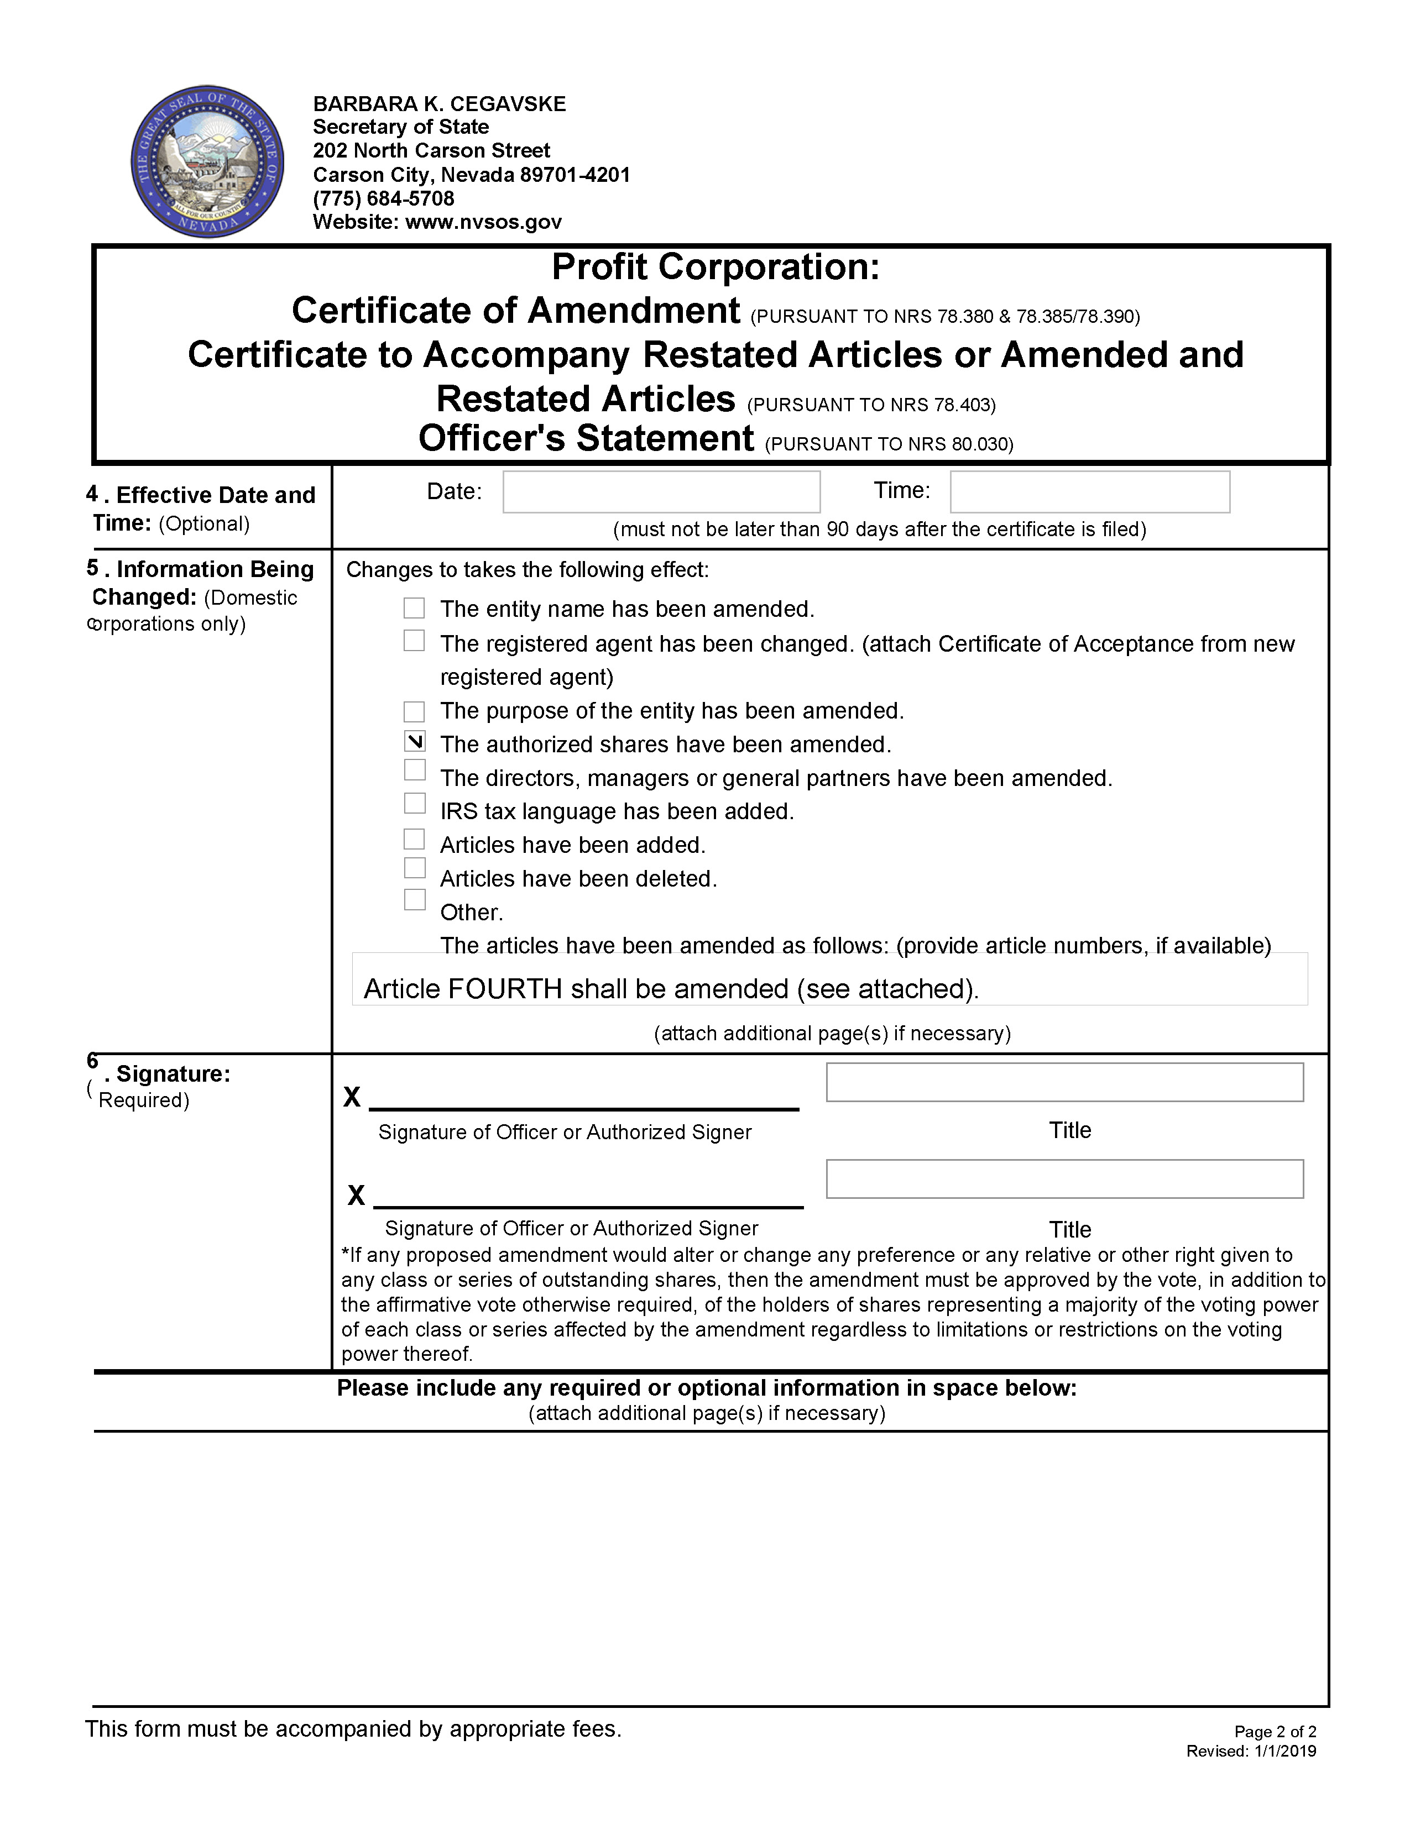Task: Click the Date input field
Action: (661, 492)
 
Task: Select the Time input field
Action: (1089, 492)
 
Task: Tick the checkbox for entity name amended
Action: (414, 608)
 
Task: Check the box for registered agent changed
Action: (414, 641)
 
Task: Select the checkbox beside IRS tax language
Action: (414, 803)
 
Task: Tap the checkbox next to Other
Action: (414, 899)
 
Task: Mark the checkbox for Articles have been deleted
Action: (414, 868)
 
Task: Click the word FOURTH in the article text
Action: (504, 989)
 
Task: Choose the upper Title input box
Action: (1064, 1082)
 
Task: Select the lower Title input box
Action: (1064, 1178)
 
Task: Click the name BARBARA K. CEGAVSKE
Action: (440, 103)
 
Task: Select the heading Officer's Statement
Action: (586, 438)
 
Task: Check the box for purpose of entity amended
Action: (414, 711)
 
